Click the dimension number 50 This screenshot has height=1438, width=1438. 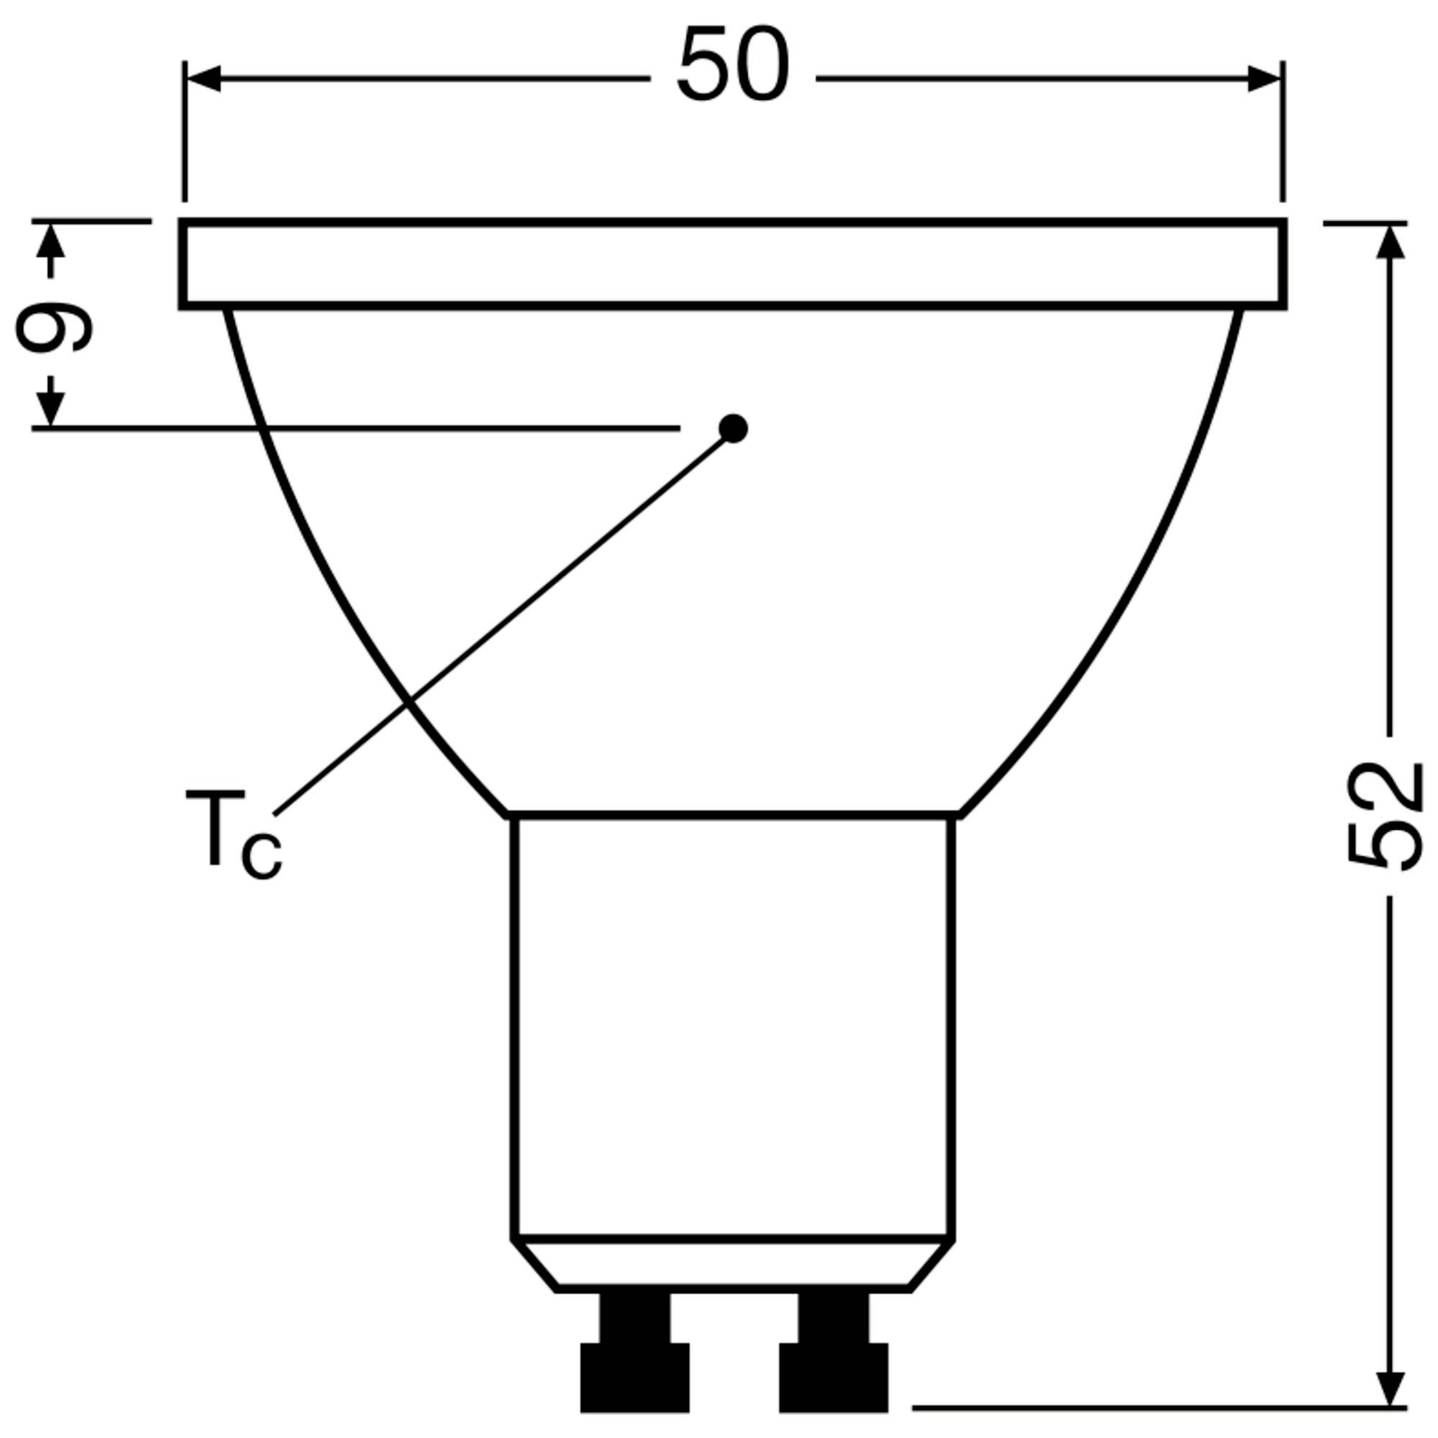point(733,65)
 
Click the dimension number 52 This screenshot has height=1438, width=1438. point(1386,816)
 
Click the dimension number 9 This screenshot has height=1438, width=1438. point(54,326)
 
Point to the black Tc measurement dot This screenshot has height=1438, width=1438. point(733,428)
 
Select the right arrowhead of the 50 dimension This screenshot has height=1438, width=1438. point(1264,78)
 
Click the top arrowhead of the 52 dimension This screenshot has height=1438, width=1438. point(1390,242)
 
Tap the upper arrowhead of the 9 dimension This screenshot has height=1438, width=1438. point(50,242)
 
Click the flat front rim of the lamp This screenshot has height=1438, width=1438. point(733,264)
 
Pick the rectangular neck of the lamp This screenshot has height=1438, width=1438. point(733,1027)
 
